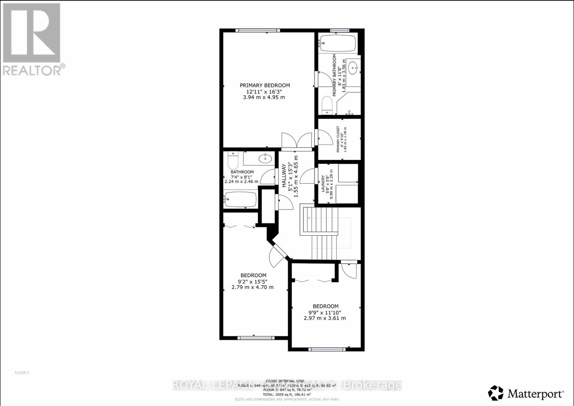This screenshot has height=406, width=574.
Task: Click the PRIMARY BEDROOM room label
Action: [x=265, y=85]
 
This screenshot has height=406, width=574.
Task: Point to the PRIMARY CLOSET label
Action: [x=338, y=139]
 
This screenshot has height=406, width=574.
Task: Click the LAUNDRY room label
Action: [x=323, y=184]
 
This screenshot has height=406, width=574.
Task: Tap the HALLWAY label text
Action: [x=284, y=176]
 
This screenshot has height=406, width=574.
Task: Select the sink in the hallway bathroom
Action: [x=265, y=158]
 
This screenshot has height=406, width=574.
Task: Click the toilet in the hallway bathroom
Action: [x=232, y=160]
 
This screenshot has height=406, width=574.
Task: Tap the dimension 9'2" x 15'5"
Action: [x=253, y=282]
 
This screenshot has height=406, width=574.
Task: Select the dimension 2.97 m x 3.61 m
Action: [x=325, y=318]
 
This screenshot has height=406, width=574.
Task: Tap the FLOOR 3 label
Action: [x=22, y=373]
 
